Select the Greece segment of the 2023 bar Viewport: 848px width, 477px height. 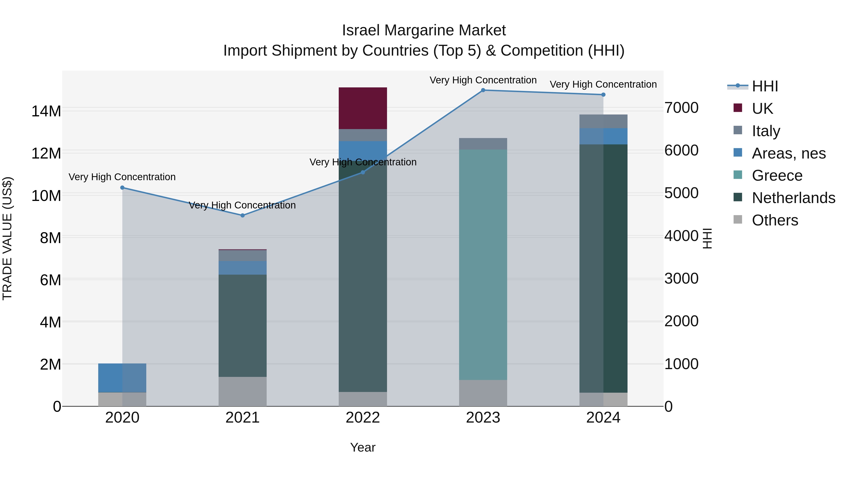point(483,265)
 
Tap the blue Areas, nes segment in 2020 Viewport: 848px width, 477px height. point(122,378)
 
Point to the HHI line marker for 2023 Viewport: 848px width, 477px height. point(483,90)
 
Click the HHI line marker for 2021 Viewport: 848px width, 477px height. point(243,215)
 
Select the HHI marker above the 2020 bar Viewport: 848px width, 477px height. point(122,188)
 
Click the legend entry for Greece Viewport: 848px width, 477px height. point(777,175)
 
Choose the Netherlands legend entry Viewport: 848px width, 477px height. point(793,198)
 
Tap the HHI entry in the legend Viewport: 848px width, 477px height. point(765,86)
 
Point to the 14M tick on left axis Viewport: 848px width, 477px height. point(46,111)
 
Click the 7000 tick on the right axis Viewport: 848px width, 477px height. point(681,108)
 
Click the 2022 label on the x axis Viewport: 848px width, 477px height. point(363,418)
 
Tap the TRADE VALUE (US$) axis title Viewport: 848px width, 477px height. point(7,238)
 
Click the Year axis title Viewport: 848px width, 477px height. point(363,447)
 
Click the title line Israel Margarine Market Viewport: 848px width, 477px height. point(424,30)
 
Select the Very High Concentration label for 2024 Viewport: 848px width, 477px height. point(603,84)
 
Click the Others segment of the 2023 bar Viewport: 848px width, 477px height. point(483,393)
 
